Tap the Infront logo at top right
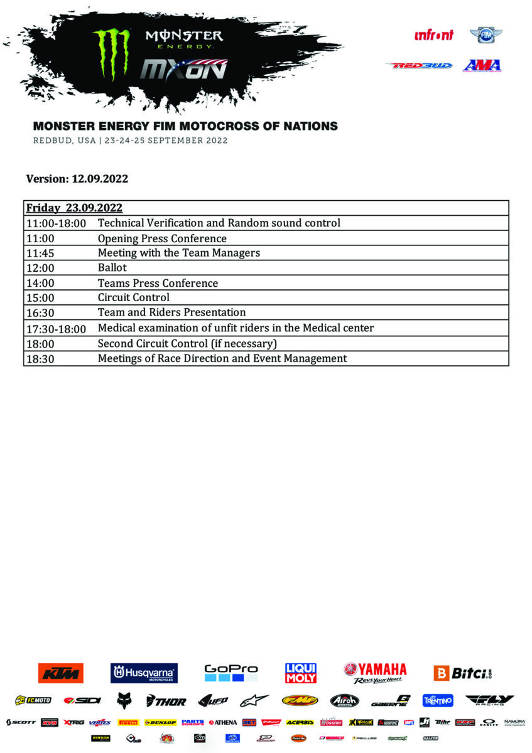click(x=433, y=35)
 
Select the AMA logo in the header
click(x=482, y=65)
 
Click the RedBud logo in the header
click(x=419, y=65)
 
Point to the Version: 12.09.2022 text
click(x=77, y=179)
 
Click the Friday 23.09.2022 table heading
click(x=74, y=208)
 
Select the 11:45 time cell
click(x=38, y=253)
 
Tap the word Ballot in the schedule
click(x=112, y=268)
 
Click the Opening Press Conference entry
click(x=162, y=238)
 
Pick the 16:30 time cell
click(x=38, y=312)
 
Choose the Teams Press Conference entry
click(x=158, y=283)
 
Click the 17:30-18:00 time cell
click(x=56, y=328)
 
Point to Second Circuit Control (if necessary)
click(x=187, y=343)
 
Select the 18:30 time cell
click(x=38, y=359)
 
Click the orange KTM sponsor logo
click(x=60, y=673)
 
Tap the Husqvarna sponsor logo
click(x=144, y=673)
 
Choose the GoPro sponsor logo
click(x=231, y=673)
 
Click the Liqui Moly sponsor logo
click(x=301, y=673)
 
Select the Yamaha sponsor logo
click(x=375, y=673)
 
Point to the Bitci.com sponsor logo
click(x=463, y=673)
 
